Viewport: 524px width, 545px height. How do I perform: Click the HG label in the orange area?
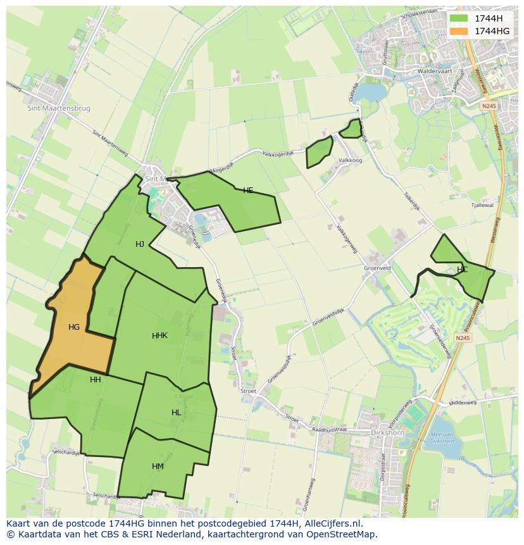click(74, 327)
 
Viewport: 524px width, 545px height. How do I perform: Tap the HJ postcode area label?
click(140, 244)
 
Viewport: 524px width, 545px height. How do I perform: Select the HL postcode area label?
click(176, 413)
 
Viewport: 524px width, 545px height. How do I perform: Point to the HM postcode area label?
click(158, 467)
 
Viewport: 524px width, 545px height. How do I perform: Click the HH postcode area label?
click(96, 380)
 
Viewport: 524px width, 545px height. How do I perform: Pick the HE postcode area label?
click(248, 191)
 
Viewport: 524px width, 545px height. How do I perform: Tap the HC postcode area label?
click(462, 270)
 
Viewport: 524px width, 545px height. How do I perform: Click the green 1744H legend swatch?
click(459, 18)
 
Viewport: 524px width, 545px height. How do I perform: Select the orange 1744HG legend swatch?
click(459, 30)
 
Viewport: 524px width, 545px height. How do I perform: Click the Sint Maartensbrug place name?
click(59, 108)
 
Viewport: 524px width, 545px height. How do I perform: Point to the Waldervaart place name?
click(437, 72)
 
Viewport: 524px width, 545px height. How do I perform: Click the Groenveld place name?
click(377, 268)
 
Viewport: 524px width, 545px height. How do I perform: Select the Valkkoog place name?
click(350, 161)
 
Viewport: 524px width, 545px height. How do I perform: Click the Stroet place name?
click(248, 391)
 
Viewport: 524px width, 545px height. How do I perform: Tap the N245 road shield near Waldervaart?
click(487, 106)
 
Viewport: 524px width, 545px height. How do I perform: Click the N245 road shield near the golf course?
click(463, 338)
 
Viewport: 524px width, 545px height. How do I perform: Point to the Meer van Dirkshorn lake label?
click(441, 437)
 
